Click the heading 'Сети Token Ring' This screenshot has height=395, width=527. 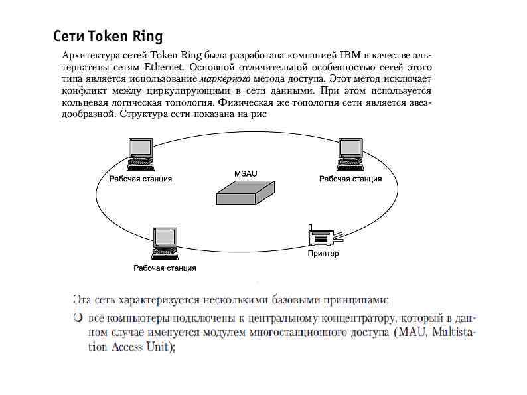[x=108, y=35]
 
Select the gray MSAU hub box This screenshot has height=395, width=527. [x=246, y=194]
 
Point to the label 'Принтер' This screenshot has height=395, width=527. [x=323, y=254]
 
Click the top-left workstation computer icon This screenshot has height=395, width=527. [x=140, y=153]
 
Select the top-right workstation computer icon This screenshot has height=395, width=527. [x=350, y=153]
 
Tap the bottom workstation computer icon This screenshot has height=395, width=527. [x=164, y=244]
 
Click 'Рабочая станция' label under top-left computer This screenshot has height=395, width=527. [x=141, y=179]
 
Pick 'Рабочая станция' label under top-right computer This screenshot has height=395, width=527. [x=350, y=179]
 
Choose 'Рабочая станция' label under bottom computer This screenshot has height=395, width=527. [x=165, y=268]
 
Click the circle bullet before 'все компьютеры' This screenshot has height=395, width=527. [x=78, y=318]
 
